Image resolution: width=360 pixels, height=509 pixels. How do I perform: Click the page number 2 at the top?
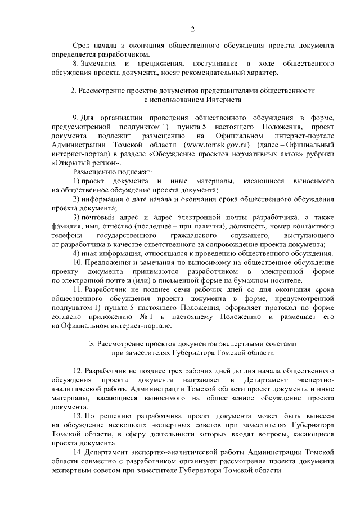click(x=192, y=29)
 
